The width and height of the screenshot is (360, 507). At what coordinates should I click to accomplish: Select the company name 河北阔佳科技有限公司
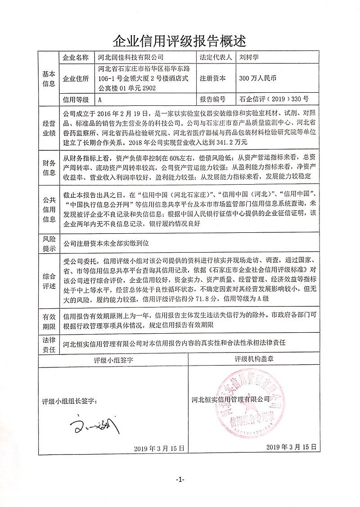pos(130,58)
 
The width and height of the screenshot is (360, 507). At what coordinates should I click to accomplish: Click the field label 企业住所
pos(76,78)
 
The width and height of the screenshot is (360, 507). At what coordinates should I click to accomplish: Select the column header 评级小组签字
pos(114,360)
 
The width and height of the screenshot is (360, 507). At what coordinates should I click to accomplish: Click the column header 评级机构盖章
pos(253,360)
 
